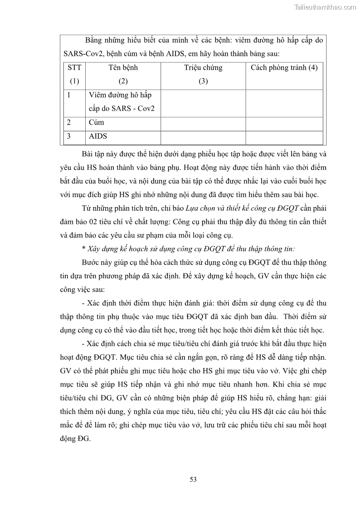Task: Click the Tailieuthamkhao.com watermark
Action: (325, 7)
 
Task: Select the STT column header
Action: (74, 68)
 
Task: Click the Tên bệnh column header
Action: (123, 68)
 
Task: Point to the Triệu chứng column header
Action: (203, 68)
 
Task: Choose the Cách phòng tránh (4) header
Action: (284, 68)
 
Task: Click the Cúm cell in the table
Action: (97, 122)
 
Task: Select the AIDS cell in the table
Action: (98, 136)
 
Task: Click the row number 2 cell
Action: (69, 122)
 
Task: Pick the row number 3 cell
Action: (69, 136)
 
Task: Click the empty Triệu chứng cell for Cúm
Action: (203, 123)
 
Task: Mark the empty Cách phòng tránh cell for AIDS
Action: (284, 137)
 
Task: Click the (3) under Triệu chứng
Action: (203, 81)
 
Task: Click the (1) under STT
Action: (74, 81)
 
